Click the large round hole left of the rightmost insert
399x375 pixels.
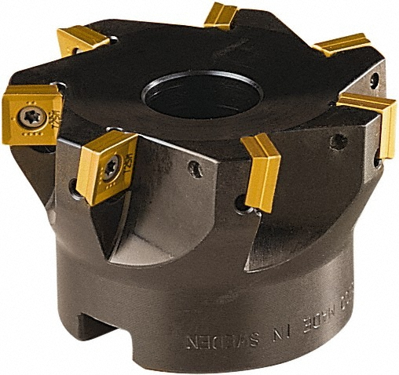[339, 143]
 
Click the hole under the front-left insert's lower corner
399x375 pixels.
[73, 187]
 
